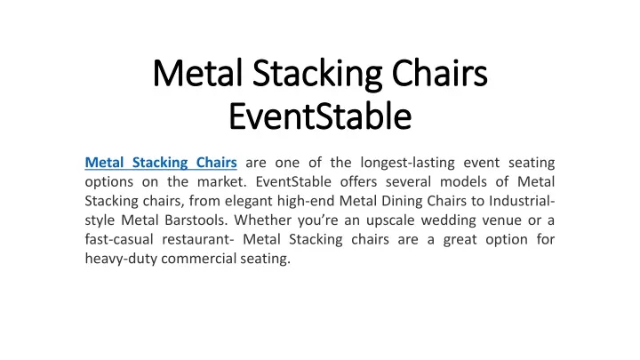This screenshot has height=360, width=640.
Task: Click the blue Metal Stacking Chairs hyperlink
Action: [x=161, y=163]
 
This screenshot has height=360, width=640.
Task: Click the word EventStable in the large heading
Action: [x=320, y=116]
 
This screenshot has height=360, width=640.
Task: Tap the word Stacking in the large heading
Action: [x=317, y=75]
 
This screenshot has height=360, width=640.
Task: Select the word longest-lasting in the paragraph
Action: [x=407, y=163]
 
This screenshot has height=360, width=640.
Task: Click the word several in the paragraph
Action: [x=408, y=181]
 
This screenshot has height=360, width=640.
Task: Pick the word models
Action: [x=463, y=181]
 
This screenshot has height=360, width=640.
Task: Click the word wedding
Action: [x=449, y=220]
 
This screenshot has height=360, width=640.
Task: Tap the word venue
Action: [x=501, y=220]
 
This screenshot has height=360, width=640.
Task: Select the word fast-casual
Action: [x=119, y=239]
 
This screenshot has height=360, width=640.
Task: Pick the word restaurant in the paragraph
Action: [x=196, y=240]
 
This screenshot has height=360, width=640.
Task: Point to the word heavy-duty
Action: [x=121, y=259]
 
